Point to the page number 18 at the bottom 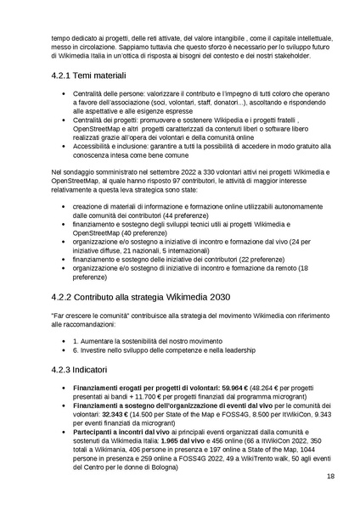point(329,476)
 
